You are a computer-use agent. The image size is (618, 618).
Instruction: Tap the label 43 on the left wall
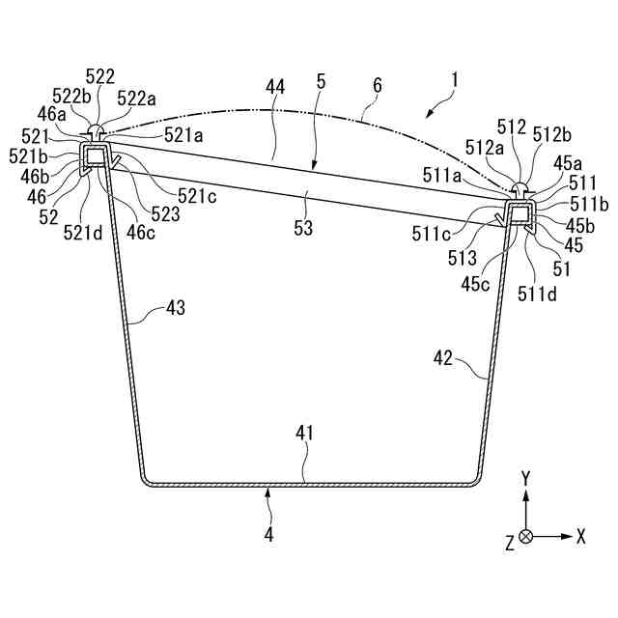[175, 308]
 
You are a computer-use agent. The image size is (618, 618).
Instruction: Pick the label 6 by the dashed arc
[377, 86]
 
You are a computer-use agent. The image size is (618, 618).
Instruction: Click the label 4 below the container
[269, 532]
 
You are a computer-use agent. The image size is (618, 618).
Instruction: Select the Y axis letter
[525, 478]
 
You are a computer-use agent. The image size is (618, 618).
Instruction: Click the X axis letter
[580, 537]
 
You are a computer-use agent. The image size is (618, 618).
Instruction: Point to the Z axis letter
[509, 544]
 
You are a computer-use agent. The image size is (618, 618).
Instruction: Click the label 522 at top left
[99, 76]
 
